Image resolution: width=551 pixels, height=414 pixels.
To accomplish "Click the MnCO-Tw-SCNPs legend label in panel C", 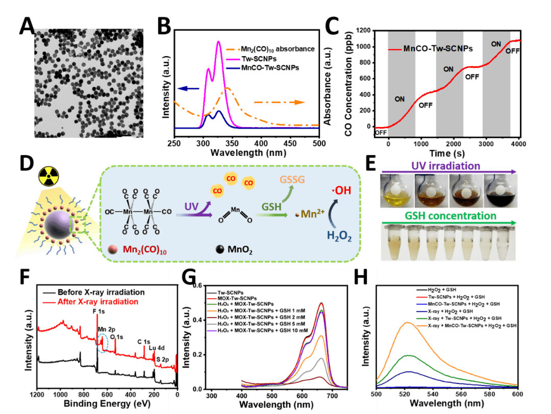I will pyautogui.click(x=437, y=49).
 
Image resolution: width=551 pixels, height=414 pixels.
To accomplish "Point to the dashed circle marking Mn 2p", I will pyautogui.click(x=104, y=342).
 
